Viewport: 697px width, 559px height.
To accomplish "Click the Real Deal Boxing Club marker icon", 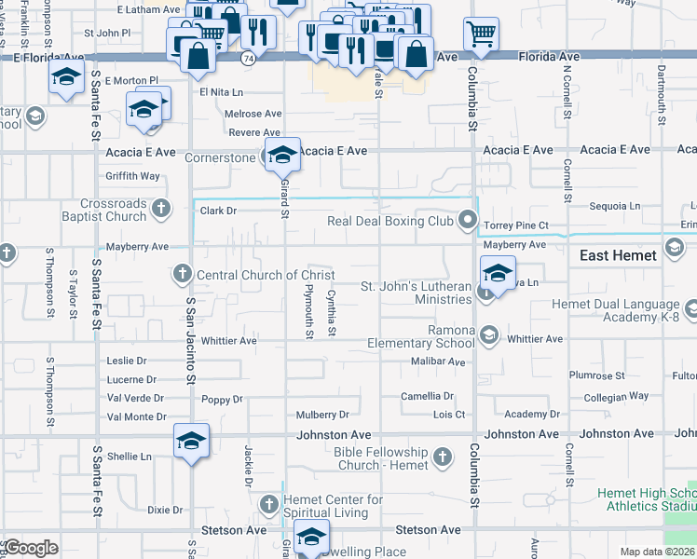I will [468, 222].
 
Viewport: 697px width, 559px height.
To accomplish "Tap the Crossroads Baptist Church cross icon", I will [161, 208].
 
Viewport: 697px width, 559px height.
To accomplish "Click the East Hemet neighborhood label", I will [618, 255].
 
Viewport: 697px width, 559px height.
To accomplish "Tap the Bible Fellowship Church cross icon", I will [442, 457].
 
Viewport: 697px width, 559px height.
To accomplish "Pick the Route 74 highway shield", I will [248, 58].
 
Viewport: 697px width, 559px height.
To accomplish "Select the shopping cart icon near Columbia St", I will [481, 34].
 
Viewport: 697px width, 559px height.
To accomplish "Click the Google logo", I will [32, 547].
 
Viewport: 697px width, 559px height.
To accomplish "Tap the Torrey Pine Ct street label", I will [515, 225].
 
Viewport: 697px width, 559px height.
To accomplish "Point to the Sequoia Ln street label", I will [617, 206].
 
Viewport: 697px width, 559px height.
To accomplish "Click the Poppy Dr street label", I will [222, 400].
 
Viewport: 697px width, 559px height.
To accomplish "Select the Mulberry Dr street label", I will [322, 415].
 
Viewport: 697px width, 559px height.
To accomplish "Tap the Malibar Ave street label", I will [438, 361].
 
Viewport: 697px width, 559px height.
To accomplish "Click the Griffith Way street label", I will [133, 176].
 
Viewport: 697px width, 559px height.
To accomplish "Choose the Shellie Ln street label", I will [129, 457].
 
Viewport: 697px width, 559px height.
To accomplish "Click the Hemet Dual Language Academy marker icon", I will [690, 308].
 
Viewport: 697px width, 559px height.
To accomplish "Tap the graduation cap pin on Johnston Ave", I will [191, 440].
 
